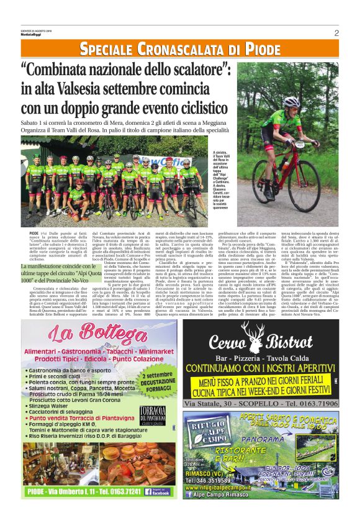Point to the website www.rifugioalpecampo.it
[226, 487]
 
